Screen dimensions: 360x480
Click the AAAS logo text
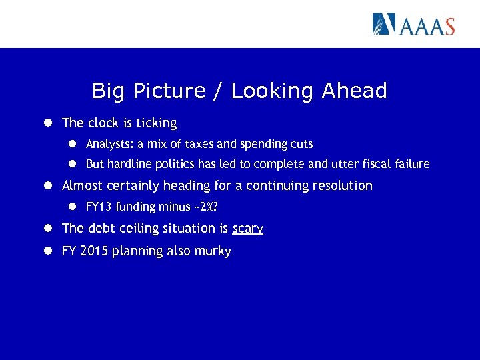click(427, 25)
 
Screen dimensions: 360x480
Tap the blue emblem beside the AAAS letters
click(384, 24)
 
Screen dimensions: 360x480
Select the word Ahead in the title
click(354, 91)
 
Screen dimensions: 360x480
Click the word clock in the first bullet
click(103, 123)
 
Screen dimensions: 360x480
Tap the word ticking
click(156, 123)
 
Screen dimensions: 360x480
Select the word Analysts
click(109, 144)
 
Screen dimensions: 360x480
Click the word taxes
click(201, 144)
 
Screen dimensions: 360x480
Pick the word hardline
click(131, 164)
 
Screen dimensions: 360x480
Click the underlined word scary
click(247, 229)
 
